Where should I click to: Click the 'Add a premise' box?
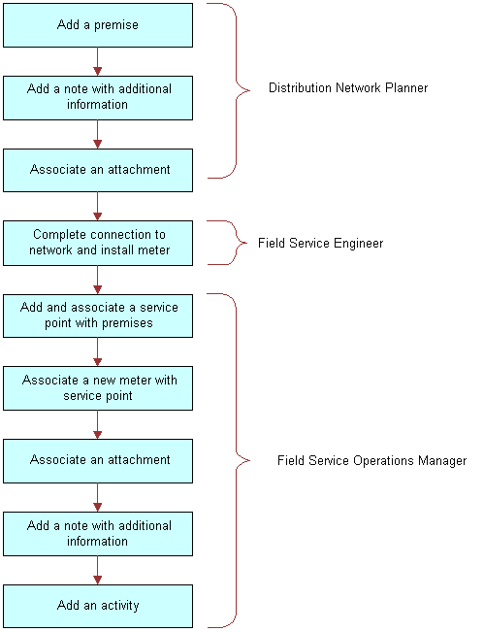(x=97, y=24)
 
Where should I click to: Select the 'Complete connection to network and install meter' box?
(x=97, y=243)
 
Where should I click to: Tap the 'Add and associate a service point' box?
(x=97, y=315)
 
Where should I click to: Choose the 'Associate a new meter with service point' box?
(x=97, y=388)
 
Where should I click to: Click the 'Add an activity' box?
(x=97, y=606)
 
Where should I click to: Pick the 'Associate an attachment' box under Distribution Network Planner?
(x=97, y=170)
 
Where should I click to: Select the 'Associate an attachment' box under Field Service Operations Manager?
(x=97, y=460)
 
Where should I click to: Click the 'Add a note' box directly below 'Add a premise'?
(x=97, y=97)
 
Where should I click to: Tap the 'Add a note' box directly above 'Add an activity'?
(x=97, y=533)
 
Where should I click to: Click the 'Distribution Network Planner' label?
(x=347, y=88)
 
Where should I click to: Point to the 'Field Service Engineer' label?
(x=320, y=244)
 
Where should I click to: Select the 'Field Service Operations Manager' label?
(x=371, y=461)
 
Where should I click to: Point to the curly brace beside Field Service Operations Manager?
(x=233, y=460)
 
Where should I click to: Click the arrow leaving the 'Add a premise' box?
(x=97, y=61)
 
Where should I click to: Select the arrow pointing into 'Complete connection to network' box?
(x=97, y=206)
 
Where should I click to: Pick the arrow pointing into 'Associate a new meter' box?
(x=97, y=351)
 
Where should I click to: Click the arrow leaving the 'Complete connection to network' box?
(x=97, y=279)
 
